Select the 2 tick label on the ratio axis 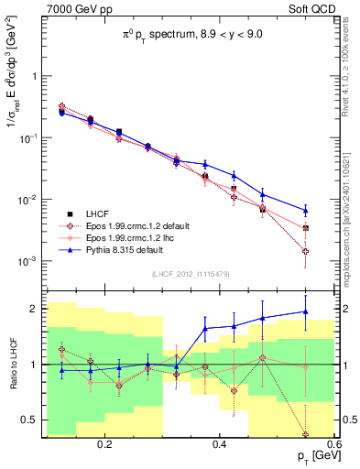tap(33, 308)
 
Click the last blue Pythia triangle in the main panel tap(306, 211)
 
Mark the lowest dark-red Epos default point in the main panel tap(306, 251)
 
